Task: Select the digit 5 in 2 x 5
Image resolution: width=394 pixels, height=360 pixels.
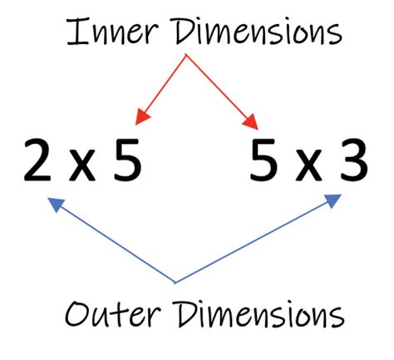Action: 126,160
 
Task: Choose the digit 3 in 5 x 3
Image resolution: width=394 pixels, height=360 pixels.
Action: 353,160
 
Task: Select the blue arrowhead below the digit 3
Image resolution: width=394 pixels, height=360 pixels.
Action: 332,200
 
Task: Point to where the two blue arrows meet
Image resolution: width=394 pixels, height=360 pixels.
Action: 175,281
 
